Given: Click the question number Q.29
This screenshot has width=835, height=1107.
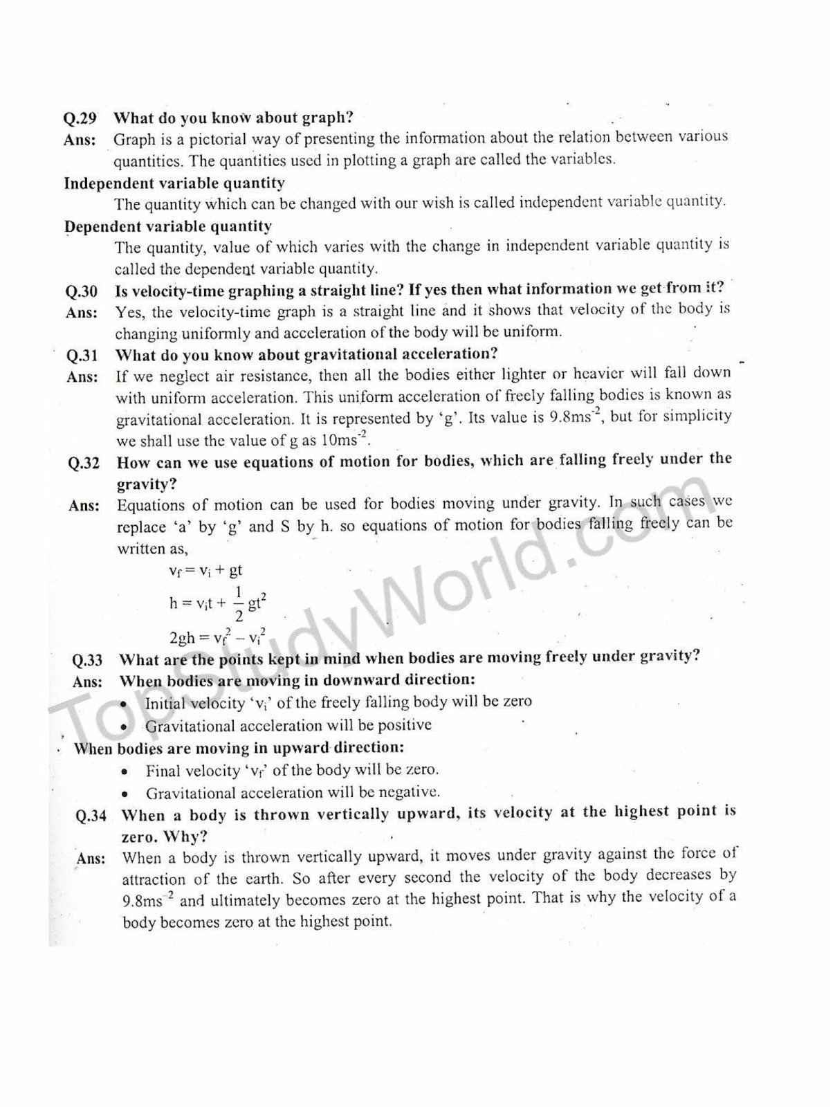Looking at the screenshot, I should tap(80, 118).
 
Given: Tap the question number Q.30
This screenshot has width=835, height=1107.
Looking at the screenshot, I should tap(82, 291).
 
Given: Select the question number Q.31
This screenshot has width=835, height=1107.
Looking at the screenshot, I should tap(82, 356).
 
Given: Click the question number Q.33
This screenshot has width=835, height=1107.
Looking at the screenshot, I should tap(87, 660).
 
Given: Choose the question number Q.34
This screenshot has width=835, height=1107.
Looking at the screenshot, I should tap(91, 816).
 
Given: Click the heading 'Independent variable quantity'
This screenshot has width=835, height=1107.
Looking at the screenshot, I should tap(174, 183).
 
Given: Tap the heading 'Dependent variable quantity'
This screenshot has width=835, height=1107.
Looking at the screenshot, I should tap(168, 226).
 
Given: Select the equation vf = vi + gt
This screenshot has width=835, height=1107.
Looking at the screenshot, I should tap(206, 571).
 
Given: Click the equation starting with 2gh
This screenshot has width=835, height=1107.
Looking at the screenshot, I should tap(217, 637).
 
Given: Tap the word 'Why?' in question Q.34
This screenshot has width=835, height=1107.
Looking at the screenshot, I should tap(185, 836).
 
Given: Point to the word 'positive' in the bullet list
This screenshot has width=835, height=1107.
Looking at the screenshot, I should tap(403, 725).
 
